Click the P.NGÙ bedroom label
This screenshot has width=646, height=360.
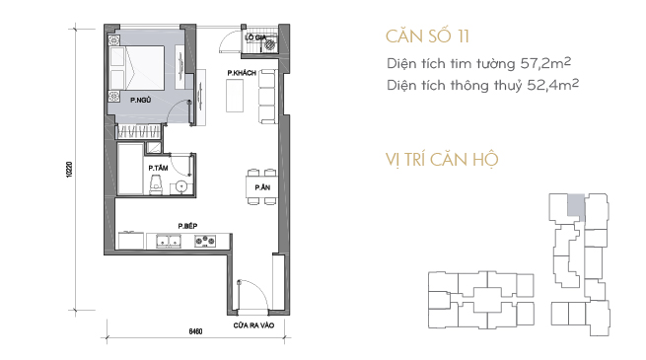tap(140, 100)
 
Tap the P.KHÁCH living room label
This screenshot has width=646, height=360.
tap(242, 73)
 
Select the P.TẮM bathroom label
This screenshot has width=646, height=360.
tap(158, 168)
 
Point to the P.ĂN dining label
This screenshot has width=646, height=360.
tap(262, 187)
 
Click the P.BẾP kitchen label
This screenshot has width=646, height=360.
tap(187, 226)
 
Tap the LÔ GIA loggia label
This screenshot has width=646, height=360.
tap(255, 37)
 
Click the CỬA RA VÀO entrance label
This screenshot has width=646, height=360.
tap(253, 325)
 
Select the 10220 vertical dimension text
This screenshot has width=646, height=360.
tap(69, 170)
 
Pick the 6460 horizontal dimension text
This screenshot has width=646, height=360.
tap(195, 331)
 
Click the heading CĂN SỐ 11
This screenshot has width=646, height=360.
tap(428, 36)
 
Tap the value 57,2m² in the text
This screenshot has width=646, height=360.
tap(545, 63)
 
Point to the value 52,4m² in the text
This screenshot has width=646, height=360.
tap(553, 85)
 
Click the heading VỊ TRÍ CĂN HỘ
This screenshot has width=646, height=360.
tap(442, 160)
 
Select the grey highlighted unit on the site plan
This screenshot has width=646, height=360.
tap(576, 205)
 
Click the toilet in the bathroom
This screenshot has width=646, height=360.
tap(156, 185)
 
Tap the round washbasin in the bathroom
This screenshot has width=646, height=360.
tap(181, 187)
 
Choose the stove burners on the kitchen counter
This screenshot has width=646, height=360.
tap(205, 241)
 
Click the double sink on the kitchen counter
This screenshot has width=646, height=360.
tap(169, 241)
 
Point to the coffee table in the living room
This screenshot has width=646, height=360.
tap(235, 95)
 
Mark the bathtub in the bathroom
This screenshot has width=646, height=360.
tap(130, 169)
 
